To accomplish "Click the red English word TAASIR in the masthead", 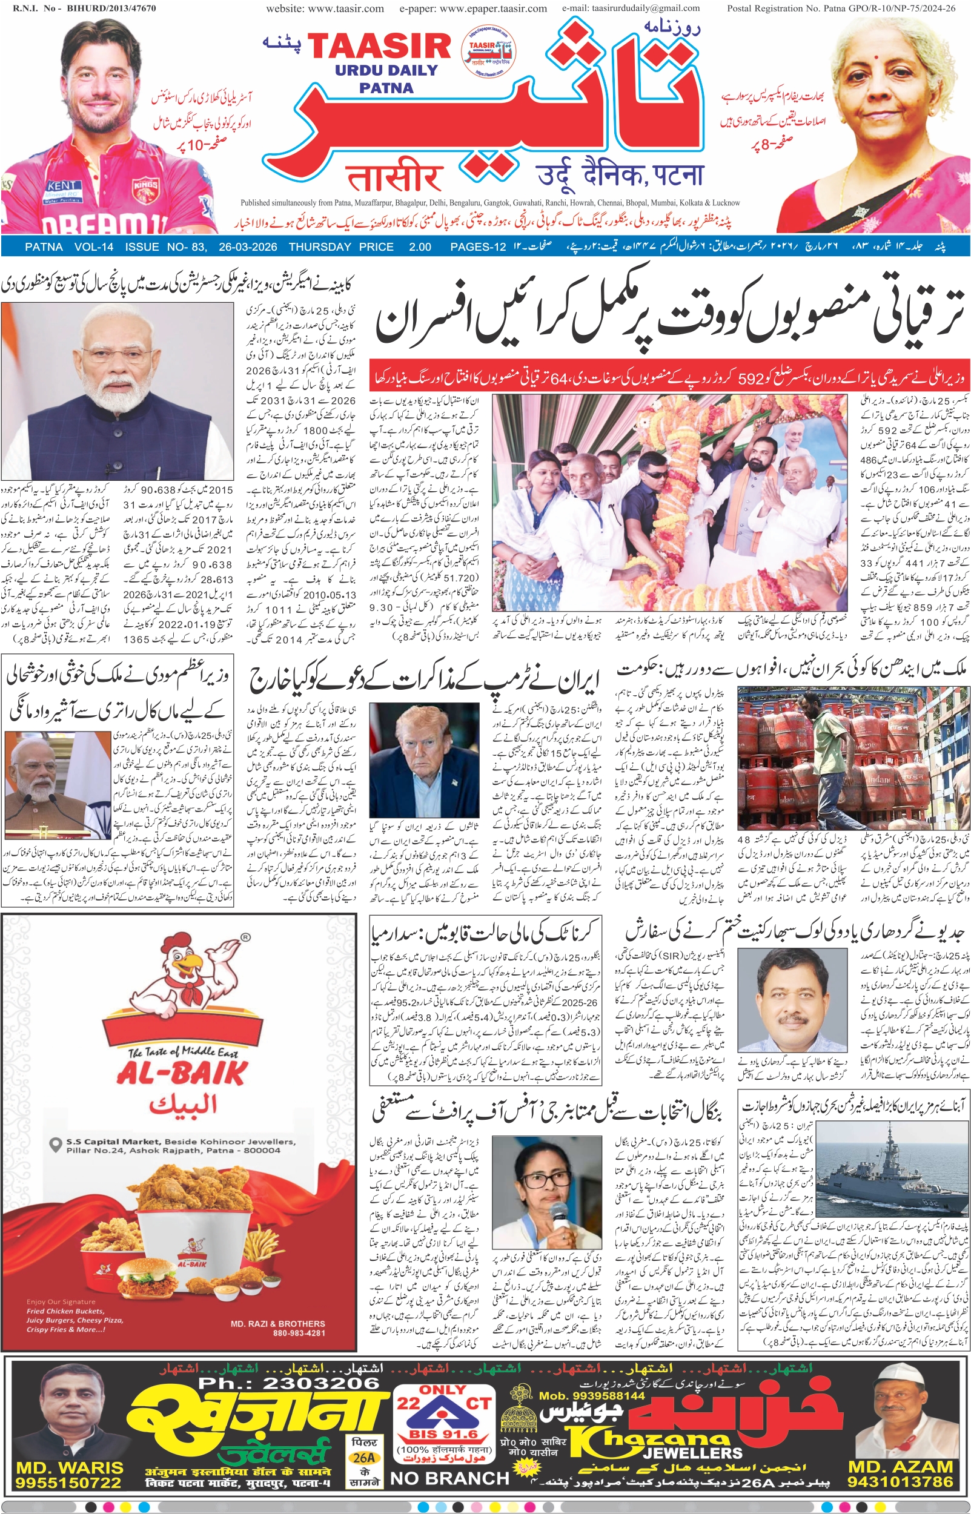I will pyautogui.click(x=379, y=46).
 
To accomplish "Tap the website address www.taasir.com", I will pyautogui.click(x=325, y=8).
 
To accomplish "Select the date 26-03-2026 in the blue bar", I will pyautogui.click(x=248, y=247).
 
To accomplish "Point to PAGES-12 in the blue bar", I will pyautogui.click(x=478, y=247).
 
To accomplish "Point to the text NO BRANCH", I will pyautogui.click(x=449, y=1478).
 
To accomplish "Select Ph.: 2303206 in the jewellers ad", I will pyautogui.click(x=289, y=1383).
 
